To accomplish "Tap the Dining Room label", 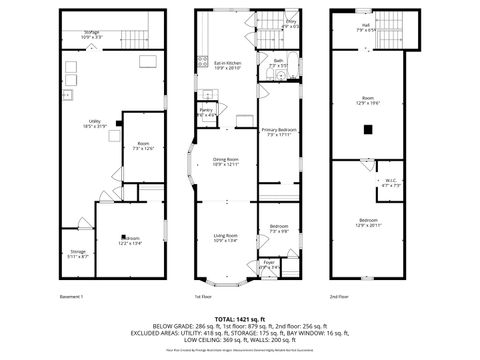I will click(226, 161).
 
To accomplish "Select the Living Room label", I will click(226, 237).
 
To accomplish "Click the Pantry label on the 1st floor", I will click(206, 113).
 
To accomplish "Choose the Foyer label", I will click(269, 265).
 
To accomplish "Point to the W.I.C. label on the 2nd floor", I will click(391, 183).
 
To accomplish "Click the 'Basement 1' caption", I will click(72, 297).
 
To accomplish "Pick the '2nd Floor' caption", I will click(339, 297).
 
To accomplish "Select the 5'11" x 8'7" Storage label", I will click(78, 254).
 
